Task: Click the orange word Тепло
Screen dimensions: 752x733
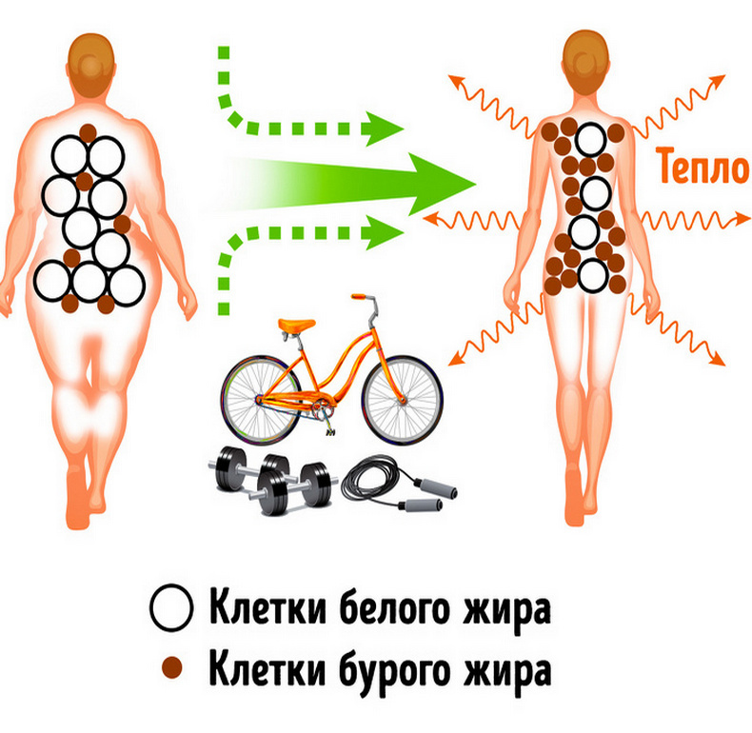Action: click(703, 166)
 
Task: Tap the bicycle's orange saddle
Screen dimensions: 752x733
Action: click(296, 325)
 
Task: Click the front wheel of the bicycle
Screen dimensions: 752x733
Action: click(402, 400)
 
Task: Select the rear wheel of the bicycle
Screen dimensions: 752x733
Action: click(261, 400)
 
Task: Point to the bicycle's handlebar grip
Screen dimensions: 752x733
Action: click(359, 296)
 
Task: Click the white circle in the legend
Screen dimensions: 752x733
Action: click(171, 607)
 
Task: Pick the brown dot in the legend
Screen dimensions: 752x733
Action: click(172, 667)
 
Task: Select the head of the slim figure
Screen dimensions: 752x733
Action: click(585, 62)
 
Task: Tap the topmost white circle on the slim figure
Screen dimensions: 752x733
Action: click(591, 140)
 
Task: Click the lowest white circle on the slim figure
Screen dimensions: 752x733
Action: click(593, 276)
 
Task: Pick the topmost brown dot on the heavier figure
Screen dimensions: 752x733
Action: click(88, 133)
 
